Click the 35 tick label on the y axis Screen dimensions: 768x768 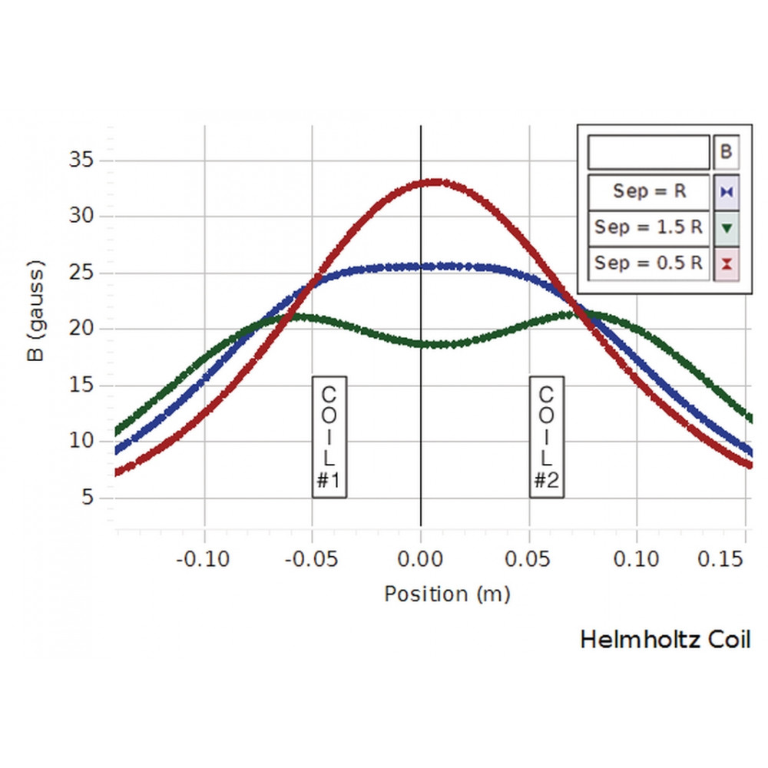[x=81, y=161]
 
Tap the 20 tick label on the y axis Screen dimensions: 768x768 [x=81, y=329]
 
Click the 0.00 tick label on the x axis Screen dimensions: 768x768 [x=420, y=558]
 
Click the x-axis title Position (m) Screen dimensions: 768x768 [x=447, y=594]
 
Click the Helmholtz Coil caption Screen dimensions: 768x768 [x=665, y=640]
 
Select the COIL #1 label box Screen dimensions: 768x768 [x=329, y=437]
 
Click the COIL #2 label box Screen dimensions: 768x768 [x=546, y=437]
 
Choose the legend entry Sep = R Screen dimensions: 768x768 [x=649, y=191]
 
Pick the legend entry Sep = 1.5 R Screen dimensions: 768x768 [x=649, y=227]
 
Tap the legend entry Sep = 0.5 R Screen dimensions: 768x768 [x=649, y=263]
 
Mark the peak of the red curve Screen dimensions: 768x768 [x=434, y=182]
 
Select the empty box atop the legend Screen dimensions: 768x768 [x=649, y=152]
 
